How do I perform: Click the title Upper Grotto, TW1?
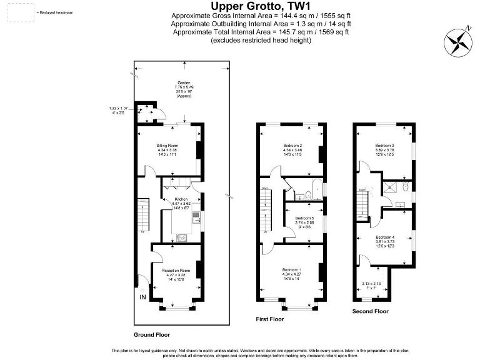click(x=261, y=6)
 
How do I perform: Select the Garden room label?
click(x=183, y=82)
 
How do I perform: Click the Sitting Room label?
click(x=167, y=145)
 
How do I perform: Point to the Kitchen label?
click(x=182, y=199)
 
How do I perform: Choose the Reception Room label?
click(x=176, y=271)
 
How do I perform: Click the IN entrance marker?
click(x=143, y=297)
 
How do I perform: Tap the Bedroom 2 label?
click(x=292, y=145)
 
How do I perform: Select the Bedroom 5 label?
click(x=304, y=218)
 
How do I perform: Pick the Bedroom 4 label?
click(x=385, y=237)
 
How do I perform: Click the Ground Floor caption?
click(x=151, y=335)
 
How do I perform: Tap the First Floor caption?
click(x=270, y=319)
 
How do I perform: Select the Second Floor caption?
click(x=370, y=311)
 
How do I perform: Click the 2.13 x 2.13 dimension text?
click(x=371, y=282)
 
